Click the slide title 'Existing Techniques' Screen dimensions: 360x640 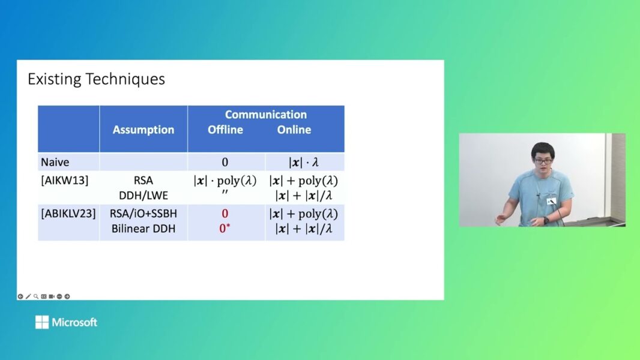pos(96,79)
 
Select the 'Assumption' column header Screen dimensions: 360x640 pos(143,130)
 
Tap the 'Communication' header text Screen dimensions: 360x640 pos(265,115)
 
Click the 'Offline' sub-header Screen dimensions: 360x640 pos(225,130)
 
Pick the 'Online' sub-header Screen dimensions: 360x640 pos(294,130)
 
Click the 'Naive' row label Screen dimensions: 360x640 pos(53,162)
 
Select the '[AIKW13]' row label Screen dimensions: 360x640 pos(64,179)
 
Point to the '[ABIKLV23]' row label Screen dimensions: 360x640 pos(68,214)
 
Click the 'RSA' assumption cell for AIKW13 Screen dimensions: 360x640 pos(143,179)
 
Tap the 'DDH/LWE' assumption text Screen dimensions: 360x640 pos(143,194)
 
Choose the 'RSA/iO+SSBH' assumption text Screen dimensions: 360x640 pos(143,214)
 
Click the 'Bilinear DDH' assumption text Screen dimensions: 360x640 pos(143,229)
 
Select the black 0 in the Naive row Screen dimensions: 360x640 pos(225,162)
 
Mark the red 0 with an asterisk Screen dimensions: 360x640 pos(225,229)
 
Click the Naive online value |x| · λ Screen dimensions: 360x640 pos(304,162)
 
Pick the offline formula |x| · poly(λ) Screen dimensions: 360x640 pos(225,179)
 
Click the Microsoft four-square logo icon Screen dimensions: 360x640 pos(42,322)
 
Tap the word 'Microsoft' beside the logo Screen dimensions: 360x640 pos(74,322)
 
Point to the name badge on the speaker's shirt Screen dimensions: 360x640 pos(551,201)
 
